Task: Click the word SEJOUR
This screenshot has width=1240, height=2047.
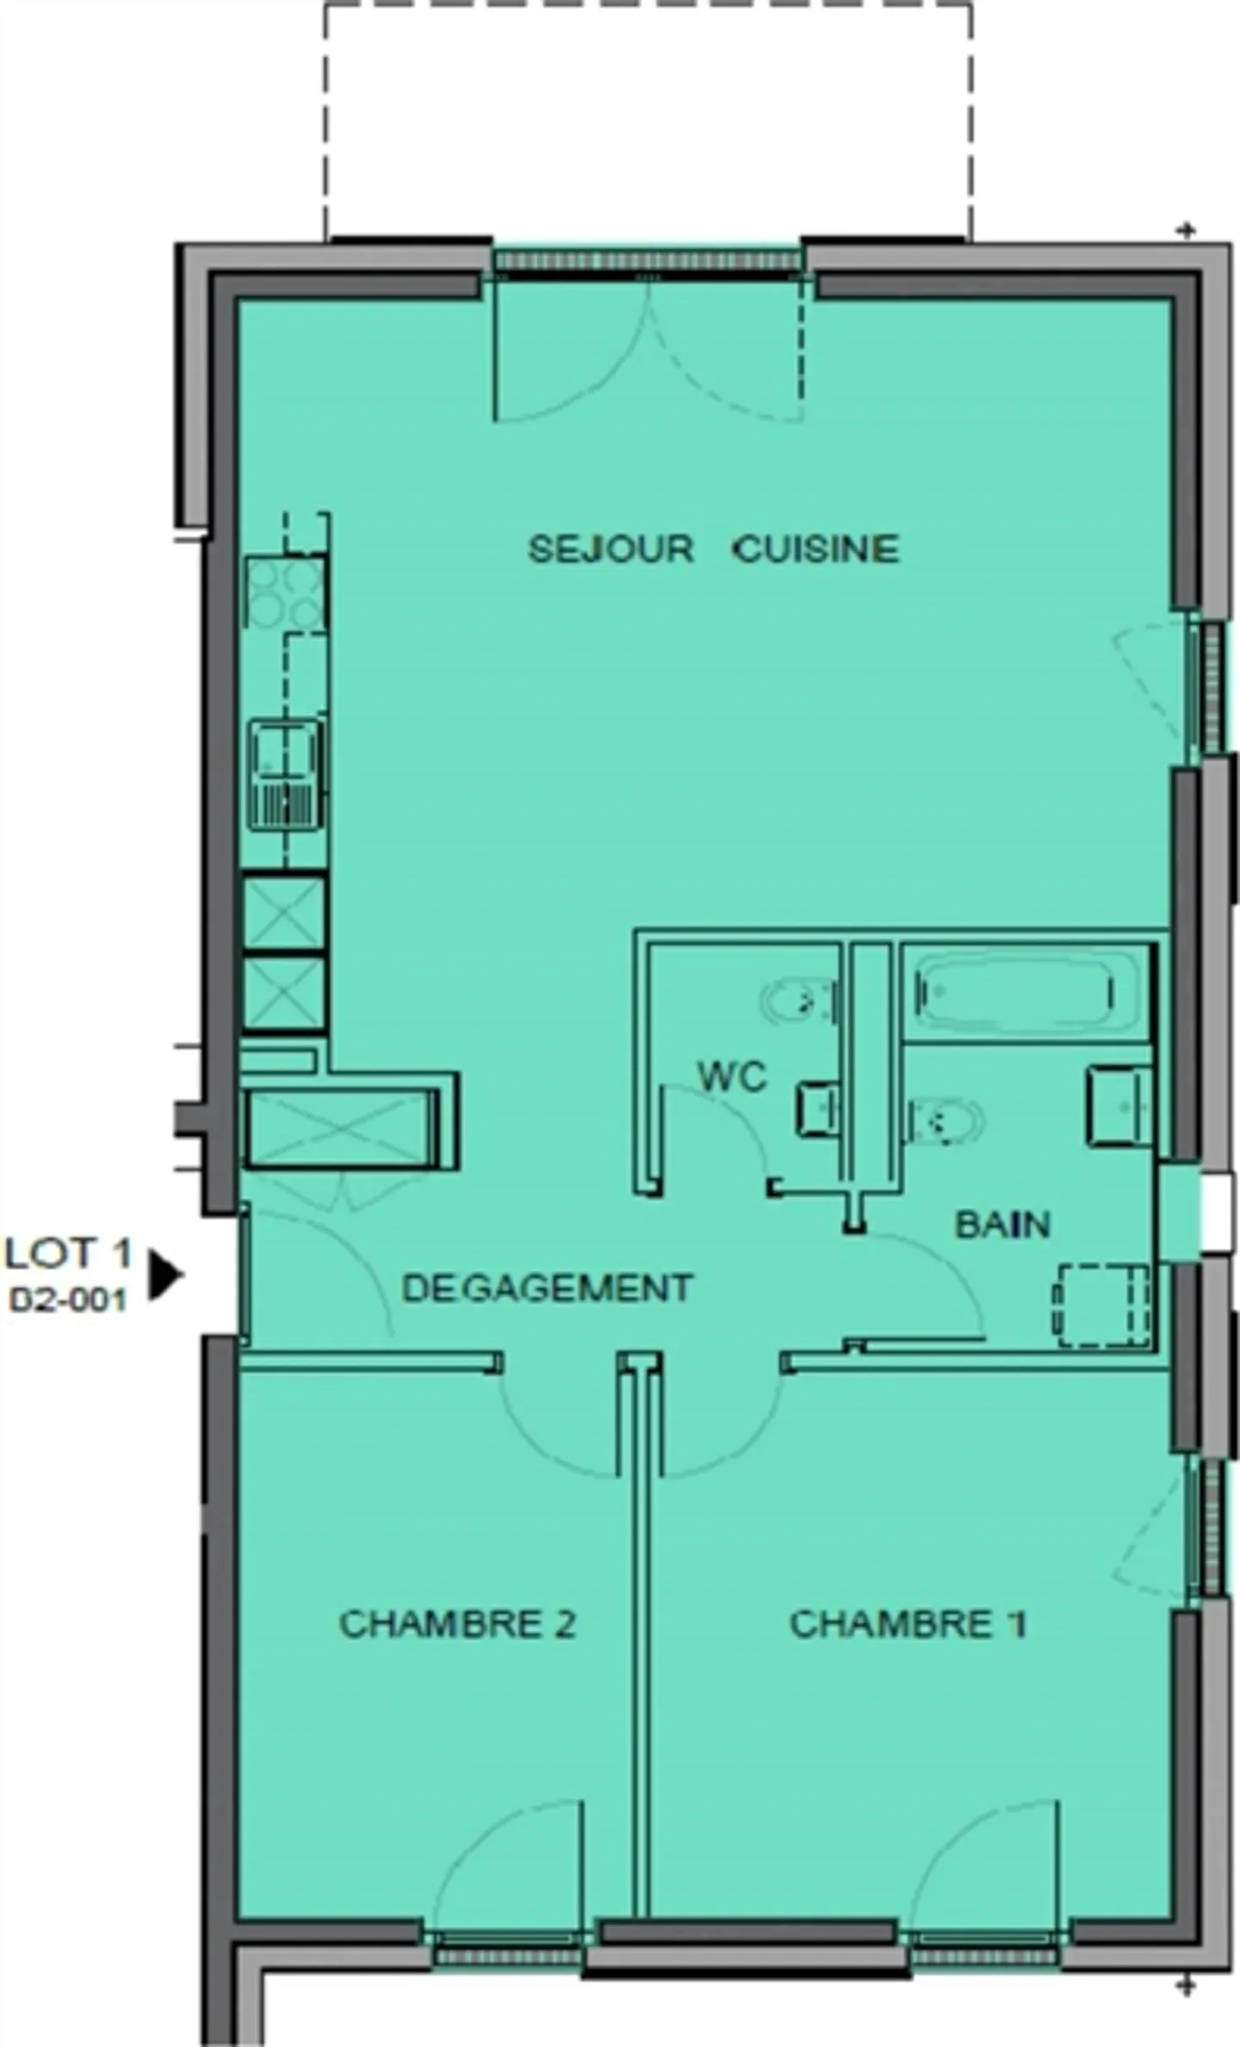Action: point(610,549)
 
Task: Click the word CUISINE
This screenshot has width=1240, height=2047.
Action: point(815,549)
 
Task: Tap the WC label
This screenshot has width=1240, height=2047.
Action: point(732,1076)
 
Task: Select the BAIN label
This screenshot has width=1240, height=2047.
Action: point(1002,1225)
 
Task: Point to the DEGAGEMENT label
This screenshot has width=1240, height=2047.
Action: point(547,1287)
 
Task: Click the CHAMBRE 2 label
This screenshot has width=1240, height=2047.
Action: point(457,1623)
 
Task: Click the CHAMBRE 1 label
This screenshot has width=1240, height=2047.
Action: point(908,1623)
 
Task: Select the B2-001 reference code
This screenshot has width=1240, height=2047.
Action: point(68,1300)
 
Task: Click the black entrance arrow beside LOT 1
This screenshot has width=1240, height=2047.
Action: point(164,1275)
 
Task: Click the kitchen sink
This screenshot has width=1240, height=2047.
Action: point(285,776)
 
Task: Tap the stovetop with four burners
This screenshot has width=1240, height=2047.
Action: point(285,593)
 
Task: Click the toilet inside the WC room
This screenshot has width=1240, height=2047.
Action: point(798,1001)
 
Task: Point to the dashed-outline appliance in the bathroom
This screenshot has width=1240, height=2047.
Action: point(1102,1306)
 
